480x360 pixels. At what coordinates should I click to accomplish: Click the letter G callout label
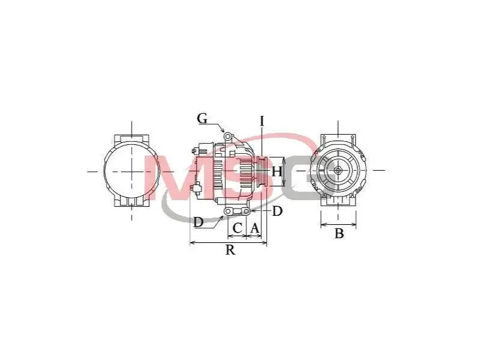pyautogui.click(x=202, y=118)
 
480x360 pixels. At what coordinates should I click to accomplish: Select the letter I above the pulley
pyautogui.click(x=262, y=121)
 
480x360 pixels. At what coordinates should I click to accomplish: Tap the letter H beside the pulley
pyautogui.click(x=277, y=172)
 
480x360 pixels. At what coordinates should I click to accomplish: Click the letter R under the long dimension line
pyautogui.click(x=231, y=250)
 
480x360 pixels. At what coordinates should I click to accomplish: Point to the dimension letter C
pyautogui.click(x=237, y=228)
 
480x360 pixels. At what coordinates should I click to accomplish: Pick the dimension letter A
pyautogui.click(x=255, y=228)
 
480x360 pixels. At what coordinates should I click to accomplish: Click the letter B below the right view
pyautogui.click(x=339, y=233)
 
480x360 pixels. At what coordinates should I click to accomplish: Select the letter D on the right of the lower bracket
pyautogui.click(x=277, y=211)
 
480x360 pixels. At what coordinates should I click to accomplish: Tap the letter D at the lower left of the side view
pyautogui.click(x=198, y=222)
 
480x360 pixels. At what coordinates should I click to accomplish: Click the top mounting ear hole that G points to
pyautogui.click(x=228, y=136)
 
